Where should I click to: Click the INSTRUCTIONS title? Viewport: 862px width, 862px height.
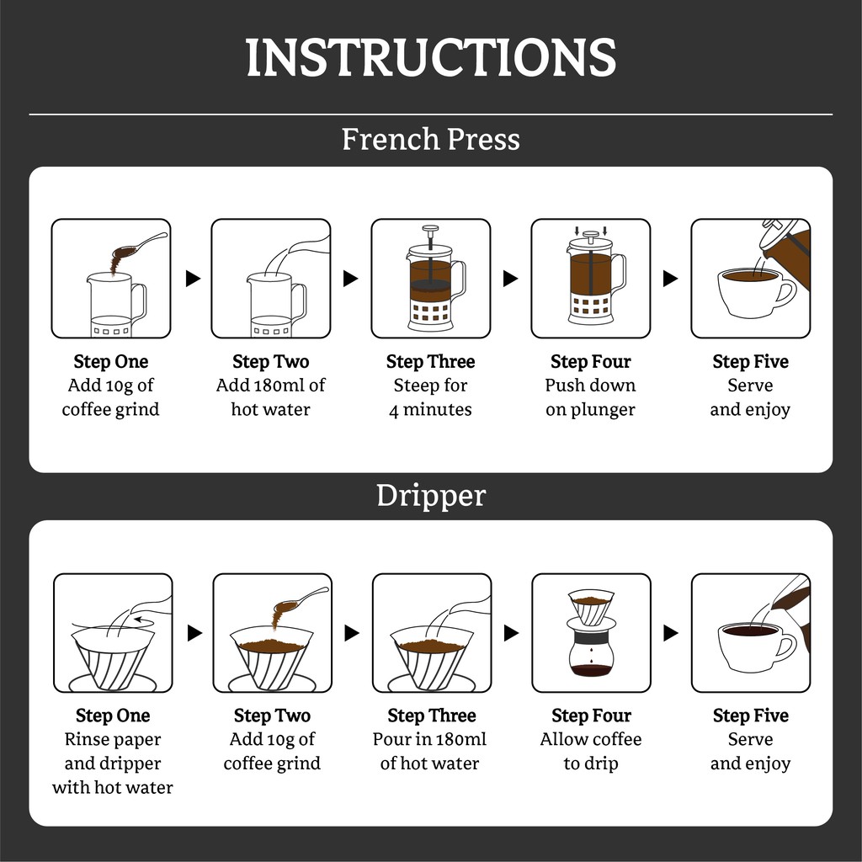(430, 57)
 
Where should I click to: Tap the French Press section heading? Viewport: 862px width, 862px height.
(430, 139)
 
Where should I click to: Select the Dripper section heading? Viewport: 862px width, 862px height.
(431, 496)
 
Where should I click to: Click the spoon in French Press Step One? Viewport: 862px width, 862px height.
(141, 245)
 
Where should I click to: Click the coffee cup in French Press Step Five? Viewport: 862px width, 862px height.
(757, 293)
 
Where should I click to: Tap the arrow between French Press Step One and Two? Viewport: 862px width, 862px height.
(193, 279)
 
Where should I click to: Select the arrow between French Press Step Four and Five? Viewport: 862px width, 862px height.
(670, 279)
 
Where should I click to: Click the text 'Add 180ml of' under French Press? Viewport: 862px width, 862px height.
(270, 386)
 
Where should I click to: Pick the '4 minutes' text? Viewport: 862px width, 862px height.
(430, 410)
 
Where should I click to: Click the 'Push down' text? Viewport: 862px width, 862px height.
(590, 386)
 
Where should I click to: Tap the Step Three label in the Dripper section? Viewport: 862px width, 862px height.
(432, 716)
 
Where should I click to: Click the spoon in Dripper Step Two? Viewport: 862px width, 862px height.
(301, 599)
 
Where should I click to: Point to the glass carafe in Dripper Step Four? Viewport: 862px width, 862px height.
(591, 651)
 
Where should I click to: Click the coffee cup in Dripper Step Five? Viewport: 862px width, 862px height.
(757, 647)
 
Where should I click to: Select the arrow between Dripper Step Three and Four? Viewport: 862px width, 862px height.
(511, 633)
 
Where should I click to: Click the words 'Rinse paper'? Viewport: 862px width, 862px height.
(113, 740)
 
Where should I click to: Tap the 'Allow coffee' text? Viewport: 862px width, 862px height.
(591, 740)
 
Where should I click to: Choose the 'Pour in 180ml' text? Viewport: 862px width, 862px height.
(430, 740)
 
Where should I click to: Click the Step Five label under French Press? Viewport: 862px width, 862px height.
(750, 362)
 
